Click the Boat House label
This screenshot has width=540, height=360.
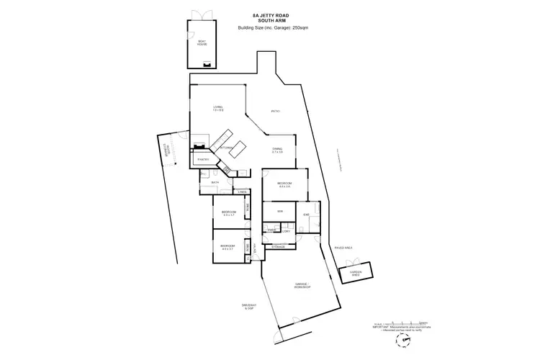(202, 43)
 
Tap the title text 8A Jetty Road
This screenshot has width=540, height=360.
(269, 14)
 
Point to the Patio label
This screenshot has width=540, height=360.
(276, 112)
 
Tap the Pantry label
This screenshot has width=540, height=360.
(202, 159)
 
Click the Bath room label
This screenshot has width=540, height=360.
(215, 183)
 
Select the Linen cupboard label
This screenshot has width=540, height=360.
(243, 192)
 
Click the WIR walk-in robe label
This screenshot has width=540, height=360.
(279, 211)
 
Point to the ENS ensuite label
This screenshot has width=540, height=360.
(306, 215)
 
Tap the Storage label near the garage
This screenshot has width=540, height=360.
(278, 247)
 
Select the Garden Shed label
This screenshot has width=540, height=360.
(356, 273)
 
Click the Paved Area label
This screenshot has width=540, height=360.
(343, 248)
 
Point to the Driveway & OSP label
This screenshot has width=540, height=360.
(249, 307)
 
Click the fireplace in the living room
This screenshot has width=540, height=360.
(196, 146)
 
